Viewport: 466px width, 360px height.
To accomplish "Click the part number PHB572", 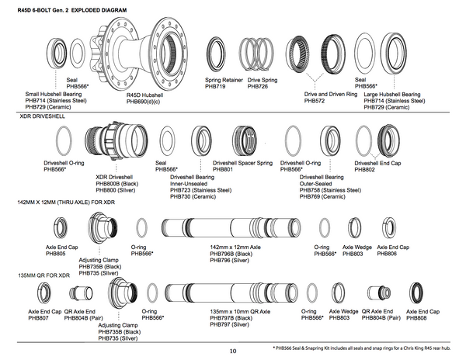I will pos(315,100).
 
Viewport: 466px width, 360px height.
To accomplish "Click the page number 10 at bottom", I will pos(232,351).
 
